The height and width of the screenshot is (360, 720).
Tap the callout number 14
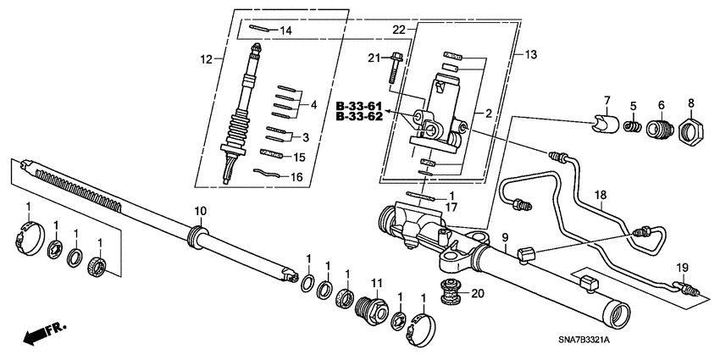coord(285,30)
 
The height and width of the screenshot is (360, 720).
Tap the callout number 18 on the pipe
coord(600,195)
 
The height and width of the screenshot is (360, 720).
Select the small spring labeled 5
coord(631,128)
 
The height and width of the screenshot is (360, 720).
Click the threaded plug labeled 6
coord(659,131)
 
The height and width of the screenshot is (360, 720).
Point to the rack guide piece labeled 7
coord(601,127)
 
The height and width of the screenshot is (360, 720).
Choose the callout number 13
coord(532,54)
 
